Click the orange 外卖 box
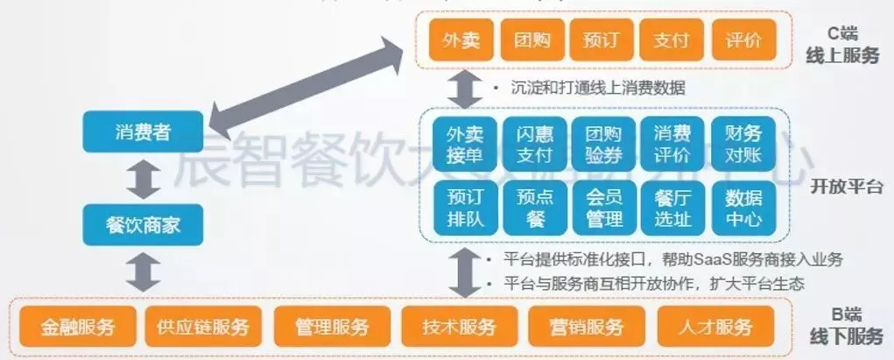(461, 41)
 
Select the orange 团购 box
(531, 41)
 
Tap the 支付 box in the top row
(672, 41)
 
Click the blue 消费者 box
(142, 132)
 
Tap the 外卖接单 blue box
(464, 144)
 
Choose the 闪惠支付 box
(534, 144)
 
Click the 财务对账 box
(743, 144)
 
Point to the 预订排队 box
(464, 207)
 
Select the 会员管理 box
(603, 207)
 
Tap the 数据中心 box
(743, 207)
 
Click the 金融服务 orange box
(77, 328)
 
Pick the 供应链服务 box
(203, 328)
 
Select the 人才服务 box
(715, 328)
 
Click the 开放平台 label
(846, 187)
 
